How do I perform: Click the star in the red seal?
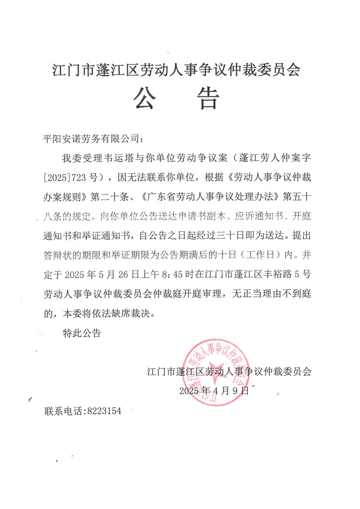pyautogui.click(x=220, y=370)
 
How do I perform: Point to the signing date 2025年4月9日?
pyautogui.click(x=215, y=390)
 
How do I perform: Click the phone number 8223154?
pyautogui.click(x=104, y=412)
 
